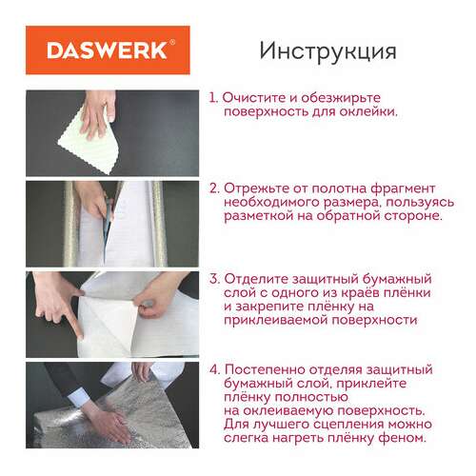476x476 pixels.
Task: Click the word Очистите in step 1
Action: pyautogui.click(x=256, y=97)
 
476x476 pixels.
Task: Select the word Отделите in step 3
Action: pyautogui.click(x=259, y=278)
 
